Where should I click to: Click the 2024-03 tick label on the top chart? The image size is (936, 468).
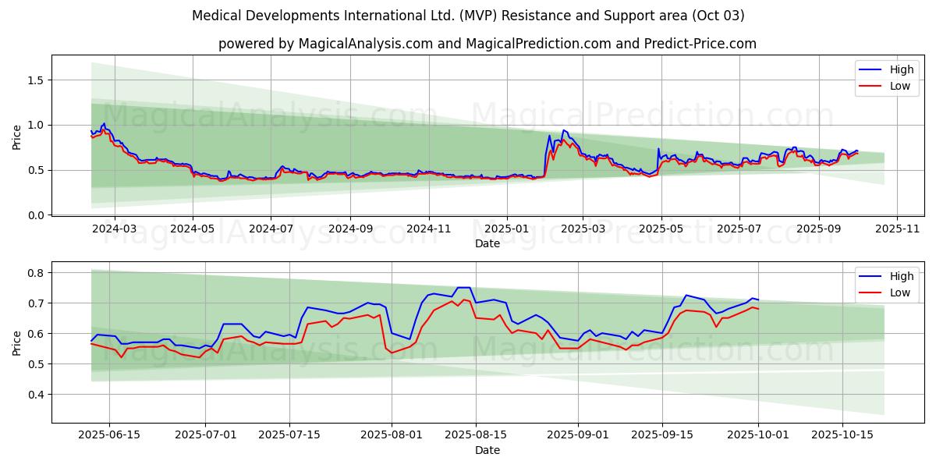[115, 229]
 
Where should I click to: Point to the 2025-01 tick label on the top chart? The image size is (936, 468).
[507, 229]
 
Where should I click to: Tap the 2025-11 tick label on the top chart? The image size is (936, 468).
[897, 229]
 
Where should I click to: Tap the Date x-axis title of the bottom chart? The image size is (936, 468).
[487, 450]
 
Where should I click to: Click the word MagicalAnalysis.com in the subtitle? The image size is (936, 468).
[366, 44]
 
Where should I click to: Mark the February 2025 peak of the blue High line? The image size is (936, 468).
[563, 130]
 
